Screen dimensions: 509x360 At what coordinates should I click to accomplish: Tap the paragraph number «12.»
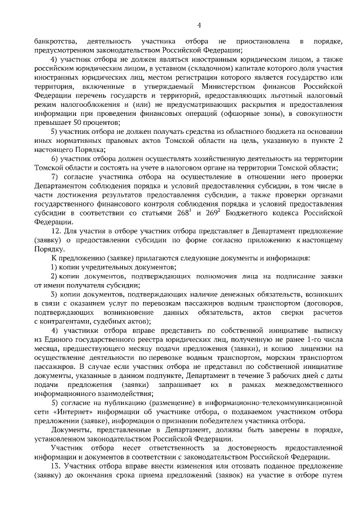pos(56,231)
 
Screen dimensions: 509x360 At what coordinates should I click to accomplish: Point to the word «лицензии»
pos(324,349)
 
